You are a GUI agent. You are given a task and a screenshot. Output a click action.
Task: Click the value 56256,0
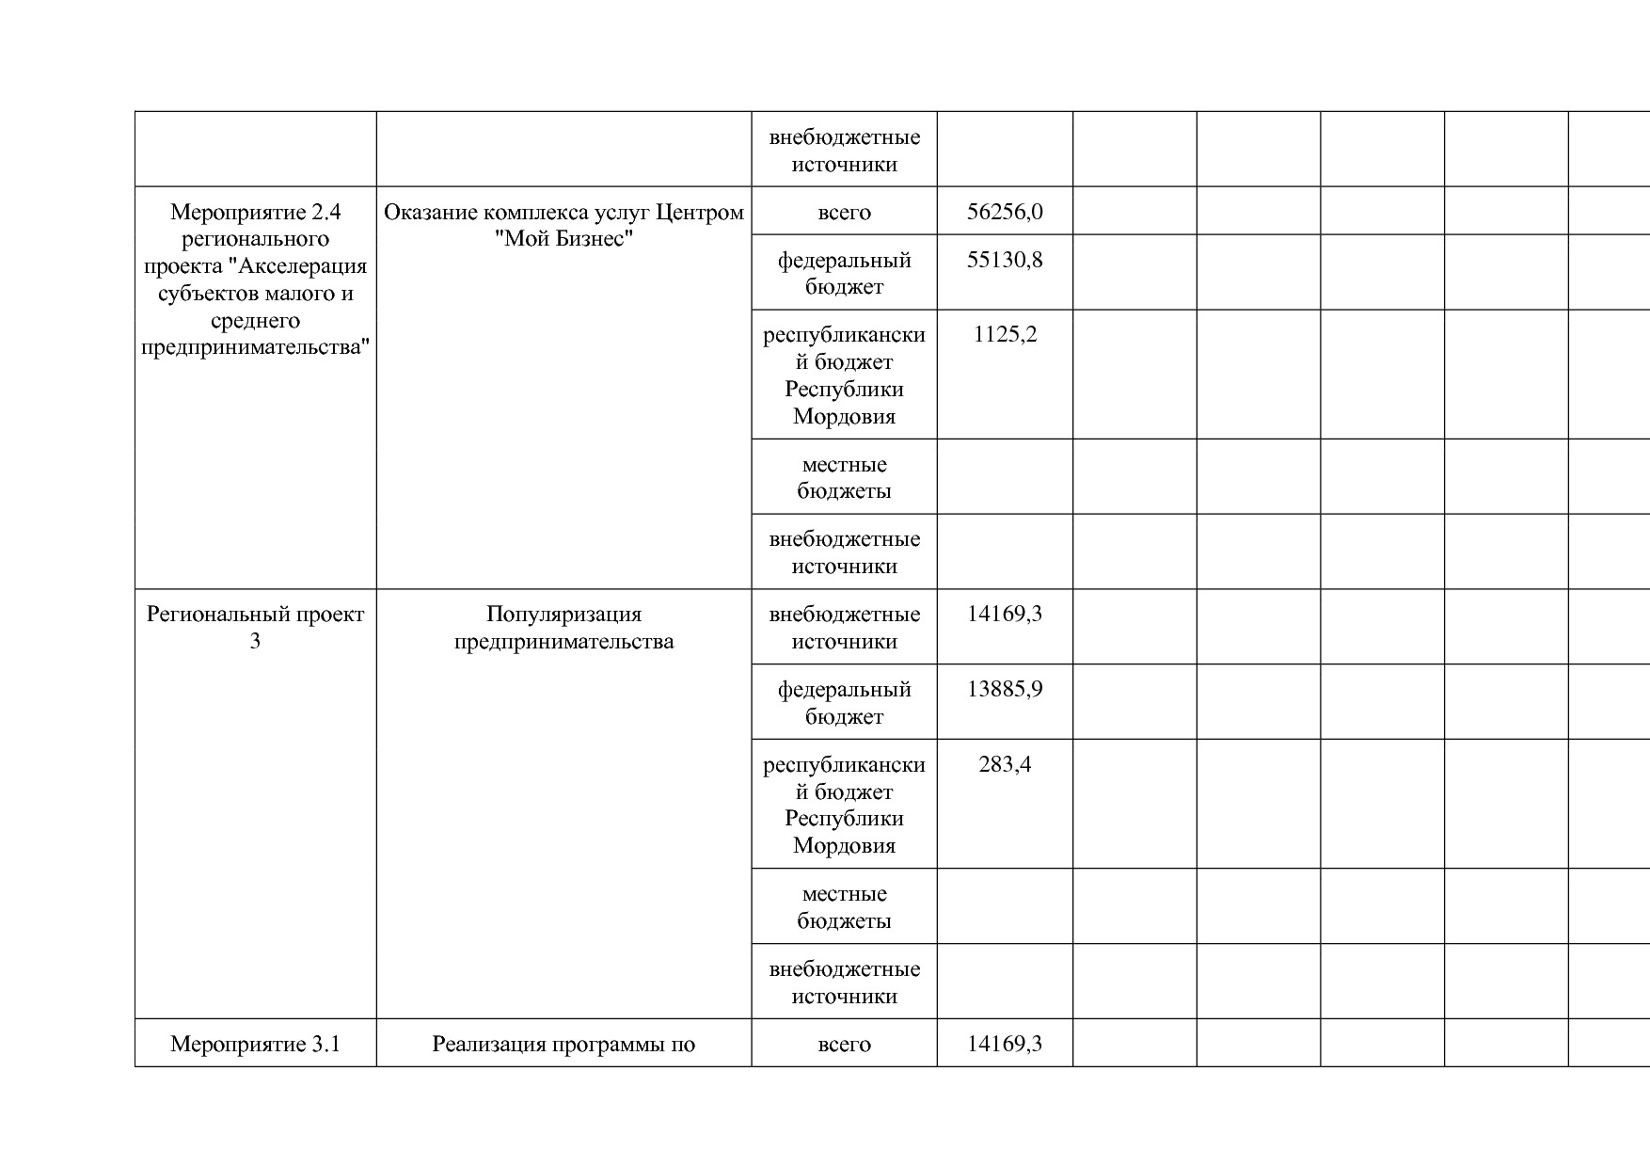pos(1005,212)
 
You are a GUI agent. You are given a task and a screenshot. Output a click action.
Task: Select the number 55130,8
pos(1005,260)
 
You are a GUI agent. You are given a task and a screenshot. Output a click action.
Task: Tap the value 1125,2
pos(1005,335)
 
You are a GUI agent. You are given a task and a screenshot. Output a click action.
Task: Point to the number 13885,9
pos(1005,689)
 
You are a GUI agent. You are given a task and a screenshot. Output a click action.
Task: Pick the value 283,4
pos(1005,764)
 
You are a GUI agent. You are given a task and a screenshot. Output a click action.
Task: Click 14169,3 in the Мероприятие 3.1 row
pos(1005,1044)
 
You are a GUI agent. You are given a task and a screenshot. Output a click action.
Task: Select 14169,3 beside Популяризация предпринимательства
pos(1005,615)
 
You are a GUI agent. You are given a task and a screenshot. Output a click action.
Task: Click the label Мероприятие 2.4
pos(255,212)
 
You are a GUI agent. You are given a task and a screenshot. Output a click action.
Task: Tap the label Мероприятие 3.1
pos(255,1044)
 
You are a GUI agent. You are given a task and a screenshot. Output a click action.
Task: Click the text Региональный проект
pos(255,615)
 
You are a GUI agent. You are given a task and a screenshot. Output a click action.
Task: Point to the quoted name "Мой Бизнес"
pos(563,239)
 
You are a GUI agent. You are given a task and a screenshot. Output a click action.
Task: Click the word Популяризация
pos(563,615)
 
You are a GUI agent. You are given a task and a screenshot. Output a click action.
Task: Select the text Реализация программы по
pos(563,1044)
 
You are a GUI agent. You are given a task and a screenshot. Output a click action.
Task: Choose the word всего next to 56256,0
pos(844,212)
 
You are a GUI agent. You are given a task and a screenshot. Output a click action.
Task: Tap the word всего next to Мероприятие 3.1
pos(844,1044)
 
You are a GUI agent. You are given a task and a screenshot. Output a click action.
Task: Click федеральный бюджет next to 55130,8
pos(844,273)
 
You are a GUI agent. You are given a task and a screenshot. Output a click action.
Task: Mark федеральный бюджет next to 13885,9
pos(844,702)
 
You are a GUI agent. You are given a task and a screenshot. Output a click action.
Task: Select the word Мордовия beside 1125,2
pos(844,416)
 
